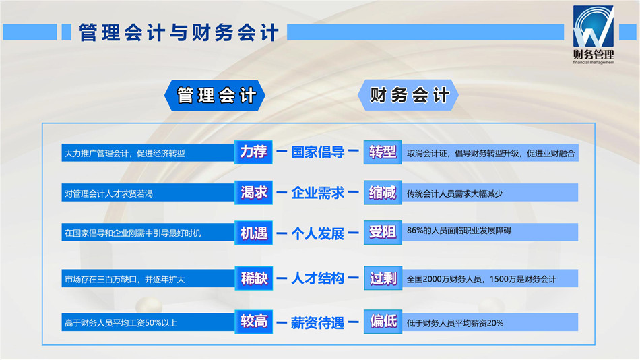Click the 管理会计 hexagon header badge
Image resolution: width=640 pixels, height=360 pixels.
coord(215,96)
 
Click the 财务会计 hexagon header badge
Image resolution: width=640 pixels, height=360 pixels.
coord(408,95)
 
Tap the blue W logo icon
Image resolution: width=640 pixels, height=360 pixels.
coord(593,26)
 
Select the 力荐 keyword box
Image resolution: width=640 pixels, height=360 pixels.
coord(253,152)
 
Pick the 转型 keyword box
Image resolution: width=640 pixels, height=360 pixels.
coord(383,152)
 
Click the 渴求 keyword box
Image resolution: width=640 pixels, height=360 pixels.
coord(253,192)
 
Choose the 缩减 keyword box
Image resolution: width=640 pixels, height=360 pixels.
coord(383,192)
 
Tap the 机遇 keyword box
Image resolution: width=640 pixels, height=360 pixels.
coord(253,233)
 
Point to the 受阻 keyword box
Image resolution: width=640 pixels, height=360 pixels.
coord(383,233)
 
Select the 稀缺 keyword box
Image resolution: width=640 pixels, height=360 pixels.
coord(253,278)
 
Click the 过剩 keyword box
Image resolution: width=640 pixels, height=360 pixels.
coord(383,278)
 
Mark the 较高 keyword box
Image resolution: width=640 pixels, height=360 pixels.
coord(253,322)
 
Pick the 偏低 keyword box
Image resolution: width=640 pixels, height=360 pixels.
coord(383,322)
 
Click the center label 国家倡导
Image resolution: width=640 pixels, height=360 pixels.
coord(317,152)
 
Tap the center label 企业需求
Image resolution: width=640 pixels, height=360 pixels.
coord(317,193)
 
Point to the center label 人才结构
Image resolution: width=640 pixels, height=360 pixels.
coord(317,278)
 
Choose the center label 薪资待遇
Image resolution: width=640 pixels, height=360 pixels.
coord(317,323)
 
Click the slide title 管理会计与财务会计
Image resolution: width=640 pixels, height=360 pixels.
coord(179,32)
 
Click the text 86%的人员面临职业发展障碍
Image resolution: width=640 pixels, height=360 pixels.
coord(459,231)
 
